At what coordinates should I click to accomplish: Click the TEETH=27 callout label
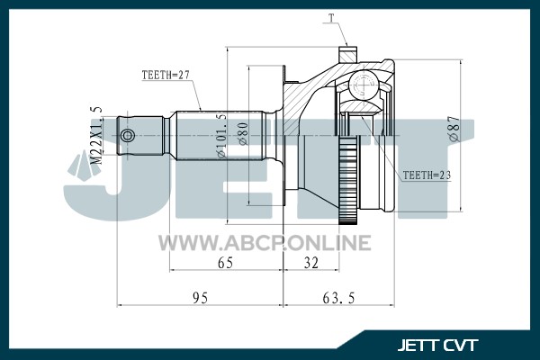tap(166, 75)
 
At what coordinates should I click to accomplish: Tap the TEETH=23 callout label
tap(427, 175)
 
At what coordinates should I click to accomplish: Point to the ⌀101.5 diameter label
tap(221, 135)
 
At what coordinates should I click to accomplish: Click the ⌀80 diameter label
tap(243, 134)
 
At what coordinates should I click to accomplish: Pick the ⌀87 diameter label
tap(454, 128)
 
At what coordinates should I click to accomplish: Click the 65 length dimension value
tap(225, 263)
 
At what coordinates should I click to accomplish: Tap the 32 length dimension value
tap(311, 263)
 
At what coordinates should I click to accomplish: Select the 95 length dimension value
tap(200, 298)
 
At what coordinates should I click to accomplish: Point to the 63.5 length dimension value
tap(338, 298)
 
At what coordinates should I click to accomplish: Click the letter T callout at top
tap(331, 18)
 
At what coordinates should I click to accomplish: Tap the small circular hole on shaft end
tap(128, 135)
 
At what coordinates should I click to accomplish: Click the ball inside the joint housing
tap(364, 84)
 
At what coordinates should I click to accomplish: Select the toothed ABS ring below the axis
tap(349, 179)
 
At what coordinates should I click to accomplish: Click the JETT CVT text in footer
tap(437, 345)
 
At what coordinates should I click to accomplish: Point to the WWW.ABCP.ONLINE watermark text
tap(265, 242)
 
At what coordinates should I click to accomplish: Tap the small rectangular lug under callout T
tap(347, 54)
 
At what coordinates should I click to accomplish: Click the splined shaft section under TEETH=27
tap(220, 135)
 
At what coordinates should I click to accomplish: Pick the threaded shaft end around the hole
tap(140, 135)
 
